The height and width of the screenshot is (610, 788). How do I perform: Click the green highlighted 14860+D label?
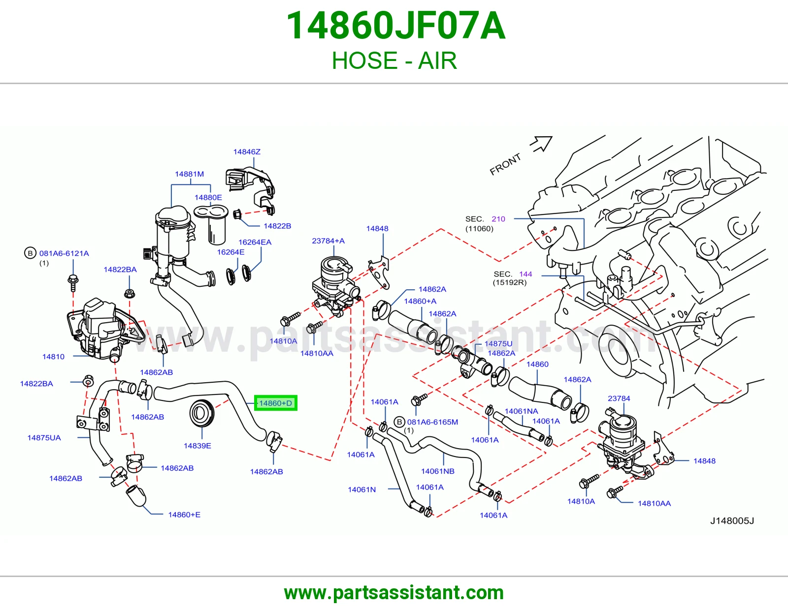click(x=276, y=403)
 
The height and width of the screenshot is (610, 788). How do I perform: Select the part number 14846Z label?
click(x=247, y=152)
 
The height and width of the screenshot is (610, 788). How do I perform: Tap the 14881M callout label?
click(x=189, y=174)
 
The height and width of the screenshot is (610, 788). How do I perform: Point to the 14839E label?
click(x=197, y=446)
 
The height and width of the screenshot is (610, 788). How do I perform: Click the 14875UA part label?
click(x=44, y=438)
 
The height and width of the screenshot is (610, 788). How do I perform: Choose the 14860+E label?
click(x=184, y=515)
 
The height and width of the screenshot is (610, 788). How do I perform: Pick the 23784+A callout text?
click(x=328, y=241)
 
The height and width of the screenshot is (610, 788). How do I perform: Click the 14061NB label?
click(x=438, y=471)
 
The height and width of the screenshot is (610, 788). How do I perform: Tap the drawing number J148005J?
click(x=732, y=520)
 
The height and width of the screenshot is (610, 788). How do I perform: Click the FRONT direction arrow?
click(x=541, y=143)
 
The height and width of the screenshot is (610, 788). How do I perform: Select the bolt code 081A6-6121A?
click(x=64, y=253)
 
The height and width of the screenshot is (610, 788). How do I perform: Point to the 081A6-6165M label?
click(x=432, y=422)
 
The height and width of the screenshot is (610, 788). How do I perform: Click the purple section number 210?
click(x=498, y=219)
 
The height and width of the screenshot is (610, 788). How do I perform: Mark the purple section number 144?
click(x=525, y=274)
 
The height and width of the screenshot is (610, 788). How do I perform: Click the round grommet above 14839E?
click(x=201, y=414)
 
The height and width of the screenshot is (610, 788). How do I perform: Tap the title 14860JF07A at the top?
click(x=395, y=26)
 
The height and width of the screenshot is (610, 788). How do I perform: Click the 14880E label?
click(x=208, y=197)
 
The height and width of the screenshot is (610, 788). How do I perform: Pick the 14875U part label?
click(x=498, y=343)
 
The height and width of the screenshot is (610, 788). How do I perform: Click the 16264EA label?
click(x=255, y=242)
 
